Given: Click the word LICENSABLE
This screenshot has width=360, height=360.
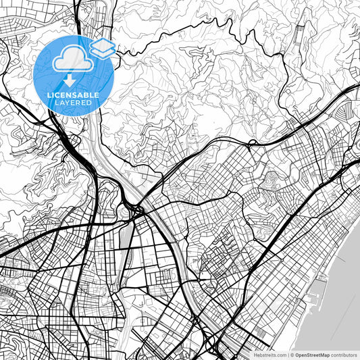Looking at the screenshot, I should click(x=73, y=95).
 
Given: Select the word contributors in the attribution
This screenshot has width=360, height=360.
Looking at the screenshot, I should click(x=344, y=354).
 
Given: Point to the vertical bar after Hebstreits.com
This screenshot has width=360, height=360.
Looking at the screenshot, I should click(x=289, y=354).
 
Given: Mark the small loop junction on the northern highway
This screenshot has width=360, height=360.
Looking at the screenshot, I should click(x=251, y=143).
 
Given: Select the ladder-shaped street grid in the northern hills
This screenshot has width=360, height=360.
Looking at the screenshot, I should click(x=299, y=41).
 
